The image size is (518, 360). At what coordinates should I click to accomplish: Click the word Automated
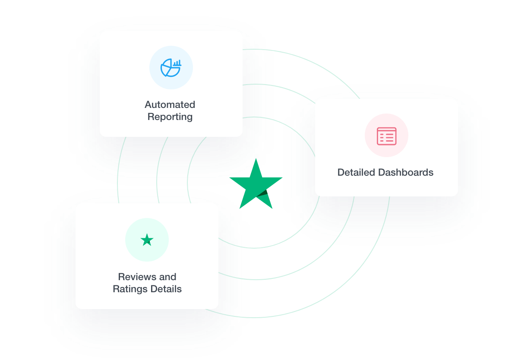[170, 104]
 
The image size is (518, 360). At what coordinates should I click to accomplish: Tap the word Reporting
[170, 117]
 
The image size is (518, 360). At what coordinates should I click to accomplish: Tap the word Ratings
[129, 289]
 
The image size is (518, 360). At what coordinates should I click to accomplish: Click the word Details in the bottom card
[166, 289]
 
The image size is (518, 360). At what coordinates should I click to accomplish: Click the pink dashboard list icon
[386, 136]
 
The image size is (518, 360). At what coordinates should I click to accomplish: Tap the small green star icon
[147, 240]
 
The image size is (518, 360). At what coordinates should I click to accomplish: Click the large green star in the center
[256, 183]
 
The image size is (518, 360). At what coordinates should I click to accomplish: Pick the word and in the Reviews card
[168, 277]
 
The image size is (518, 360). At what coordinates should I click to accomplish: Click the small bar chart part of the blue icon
[177, 63]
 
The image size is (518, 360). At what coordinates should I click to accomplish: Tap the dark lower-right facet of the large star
[265, 199]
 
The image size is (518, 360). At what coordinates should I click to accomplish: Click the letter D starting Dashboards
[382, 172]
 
